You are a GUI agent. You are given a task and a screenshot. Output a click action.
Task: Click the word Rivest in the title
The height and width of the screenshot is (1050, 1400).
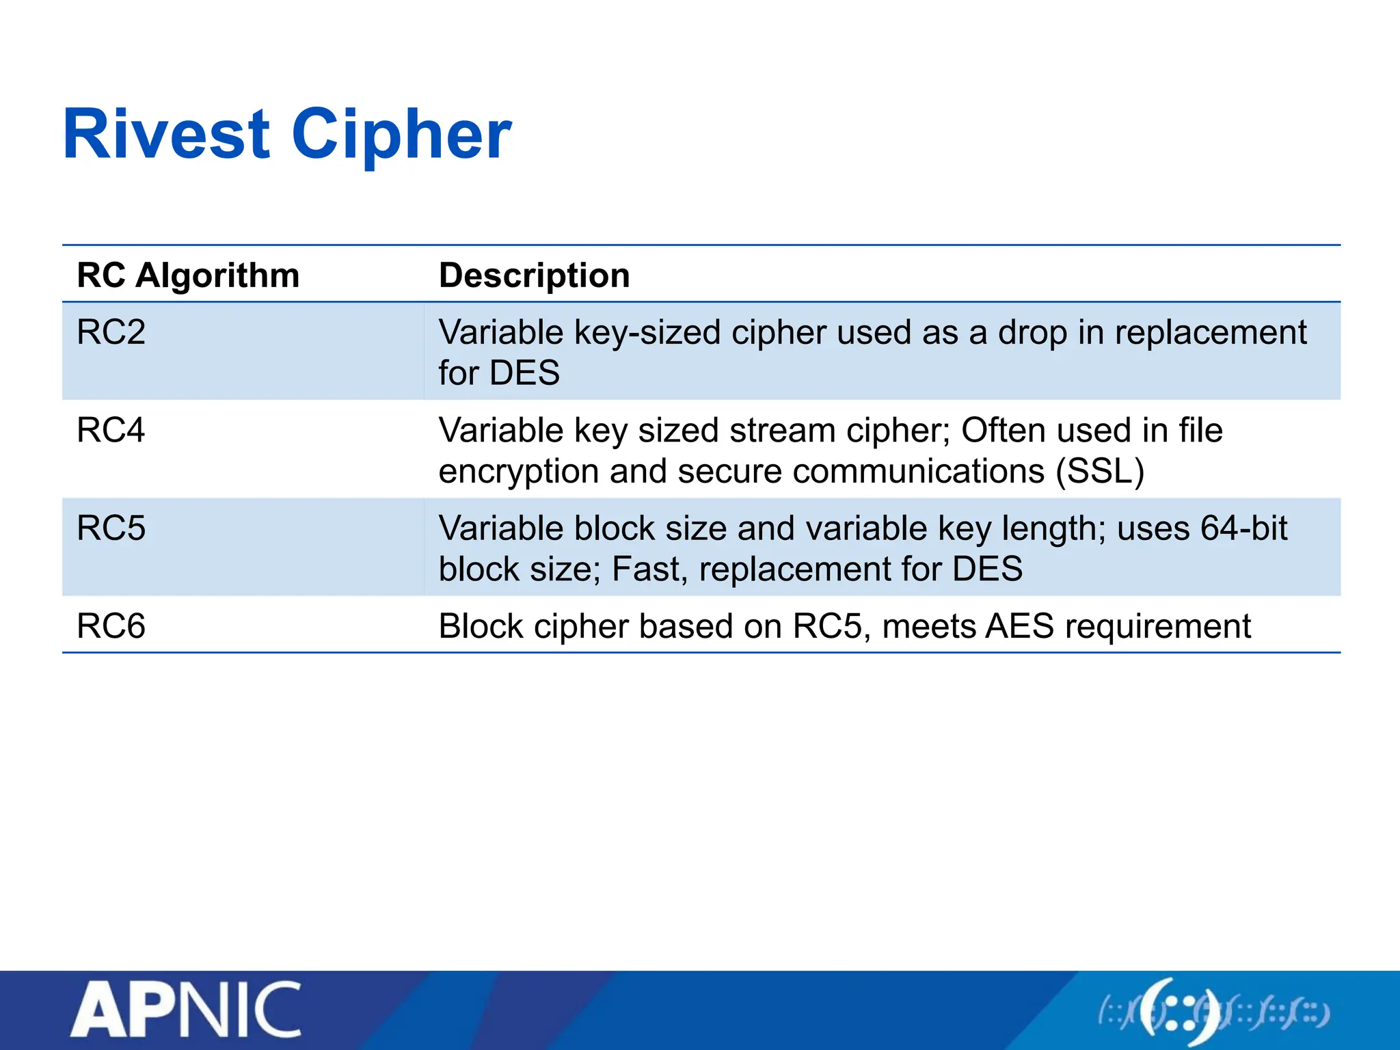[x=166, y=135]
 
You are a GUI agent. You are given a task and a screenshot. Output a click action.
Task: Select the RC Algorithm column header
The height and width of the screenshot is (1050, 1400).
[x=188, y=275]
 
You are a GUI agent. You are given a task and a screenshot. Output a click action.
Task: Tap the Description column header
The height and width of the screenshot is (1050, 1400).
[x=534, y=275]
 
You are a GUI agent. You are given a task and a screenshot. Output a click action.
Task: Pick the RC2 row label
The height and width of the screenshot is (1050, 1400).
[x=111, y=332]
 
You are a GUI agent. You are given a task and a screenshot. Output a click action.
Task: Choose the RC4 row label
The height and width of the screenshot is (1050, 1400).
[x=111, y=431]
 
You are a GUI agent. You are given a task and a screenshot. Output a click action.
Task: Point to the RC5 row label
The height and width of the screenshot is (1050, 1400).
[x=111, y=528]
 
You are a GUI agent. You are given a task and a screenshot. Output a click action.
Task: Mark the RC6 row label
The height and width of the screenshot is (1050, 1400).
[x=111, y=626]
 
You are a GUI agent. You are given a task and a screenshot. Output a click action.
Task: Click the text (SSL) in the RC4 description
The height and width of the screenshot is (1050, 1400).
[x=1099, y=472]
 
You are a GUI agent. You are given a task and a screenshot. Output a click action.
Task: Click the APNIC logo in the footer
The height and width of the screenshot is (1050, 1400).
[x=186, y=1010]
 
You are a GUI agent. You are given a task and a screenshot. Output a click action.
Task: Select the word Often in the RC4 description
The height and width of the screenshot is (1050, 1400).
[x=1003, y=431]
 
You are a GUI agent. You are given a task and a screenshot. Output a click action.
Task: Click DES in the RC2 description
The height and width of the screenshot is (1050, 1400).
[x=524, y=373]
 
